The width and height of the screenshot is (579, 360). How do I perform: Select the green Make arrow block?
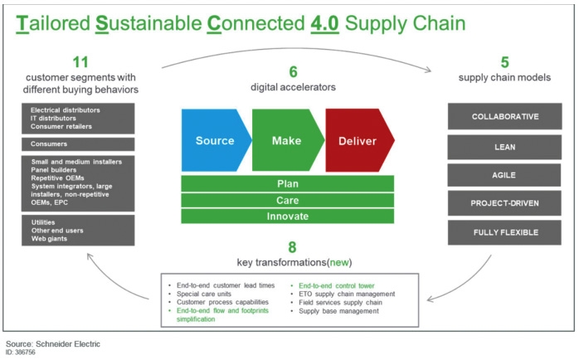[286, 140]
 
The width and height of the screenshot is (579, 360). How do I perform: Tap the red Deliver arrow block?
[357, 140]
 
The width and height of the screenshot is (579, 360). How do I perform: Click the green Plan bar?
[288, 184]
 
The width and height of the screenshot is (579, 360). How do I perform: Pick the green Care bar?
[288, 200]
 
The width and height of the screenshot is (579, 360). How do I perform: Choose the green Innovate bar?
[288, 216]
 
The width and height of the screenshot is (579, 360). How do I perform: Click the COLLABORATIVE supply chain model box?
[504, 117]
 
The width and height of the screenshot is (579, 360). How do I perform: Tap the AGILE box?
[504, 175]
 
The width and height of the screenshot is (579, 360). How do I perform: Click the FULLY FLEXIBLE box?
[504, 233]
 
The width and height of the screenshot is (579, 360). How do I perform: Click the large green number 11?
[80, 63]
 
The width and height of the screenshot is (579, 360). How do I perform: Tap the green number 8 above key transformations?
[288, 246]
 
